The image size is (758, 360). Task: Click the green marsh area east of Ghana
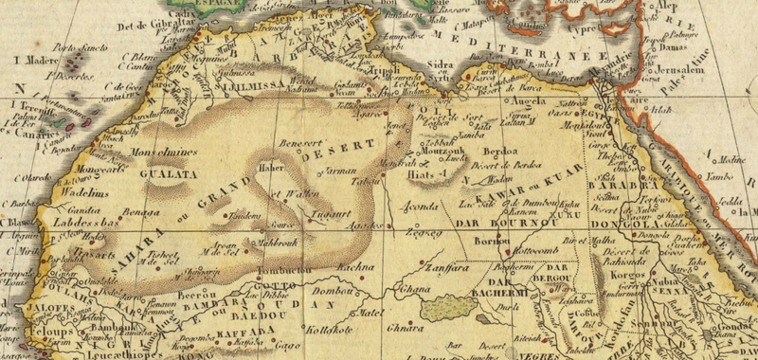445,307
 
